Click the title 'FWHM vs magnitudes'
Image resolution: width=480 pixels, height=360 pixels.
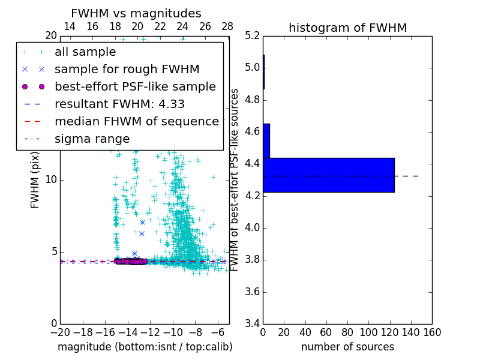(x=136, y=14)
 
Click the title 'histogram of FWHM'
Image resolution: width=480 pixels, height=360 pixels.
(x=347, y=28)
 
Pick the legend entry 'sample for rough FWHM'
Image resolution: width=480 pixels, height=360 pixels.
(x=127, y=69)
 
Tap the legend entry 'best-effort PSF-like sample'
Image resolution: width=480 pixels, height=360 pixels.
(x=135, y=86)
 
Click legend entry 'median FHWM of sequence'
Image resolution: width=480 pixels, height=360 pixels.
(x=137, y=121)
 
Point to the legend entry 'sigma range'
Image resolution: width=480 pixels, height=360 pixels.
(x=92, y=139)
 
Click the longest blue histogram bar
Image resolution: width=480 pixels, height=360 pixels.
(x=328, y=175)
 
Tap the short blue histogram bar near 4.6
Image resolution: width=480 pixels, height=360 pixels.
(x=266, y=140)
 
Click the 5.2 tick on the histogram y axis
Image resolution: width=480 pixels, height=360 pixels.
(x=252, y=35)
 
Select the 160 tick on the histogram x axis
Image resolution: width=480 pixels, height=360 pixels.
(x=431, y=332)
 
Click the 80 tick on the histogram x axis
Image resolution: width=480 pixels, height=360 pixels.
(x=347, y=332)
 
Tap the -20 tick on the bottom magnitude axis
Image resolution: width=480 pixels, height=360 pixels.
(x=60, y=332)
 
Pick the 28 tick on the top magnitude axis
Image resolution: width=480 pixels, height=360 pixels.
(x=227, y=26)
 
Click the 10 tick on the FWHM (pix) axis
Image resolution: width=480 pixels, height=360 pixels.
(x=51, y=180)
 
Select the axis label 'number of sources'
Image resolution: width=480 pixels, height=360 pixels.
(x=347, y=347)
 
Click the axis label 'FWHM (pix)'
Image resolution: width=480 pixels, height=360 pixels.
(x=35, y=180)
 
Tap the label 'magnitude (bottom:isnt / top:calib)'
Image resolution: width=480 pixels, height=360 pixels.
(x=145, y=347)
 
